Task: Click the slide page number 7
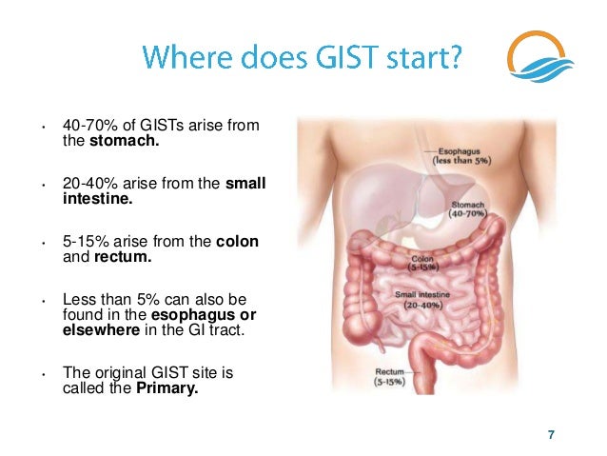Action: pos(550,435)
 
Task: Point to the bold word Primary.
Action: pos(167,387)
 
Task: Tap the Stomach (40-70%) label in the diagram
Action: pos(466,208)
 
